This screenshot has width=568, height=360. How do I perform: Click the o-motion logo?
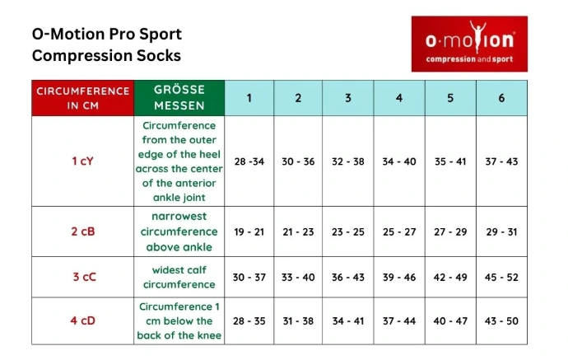tap(469, 44)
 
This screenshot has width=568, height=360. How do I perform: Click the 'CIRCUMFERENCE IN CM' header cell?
tap(83, 98)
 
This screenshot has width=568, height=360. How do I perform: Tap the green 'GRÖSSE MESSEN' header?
tap(179, 98)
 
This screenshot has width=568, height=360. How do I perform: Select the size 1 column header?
tap(249, 98)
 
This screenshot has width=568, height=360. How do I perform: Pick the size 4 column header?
tap(399, 98)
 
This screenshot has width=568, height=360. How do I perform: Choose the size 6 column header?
tap(501, 98)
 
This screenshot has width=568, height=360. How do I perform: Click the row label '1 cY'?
tap(83, 161)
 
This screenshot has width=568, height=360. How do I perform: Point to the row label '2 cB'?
tap(83, 231)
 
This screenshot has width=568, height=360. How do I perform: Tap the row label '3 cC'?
tap(85, 277)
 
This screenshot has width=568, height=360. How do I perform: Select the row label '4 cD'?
tap(83, 320)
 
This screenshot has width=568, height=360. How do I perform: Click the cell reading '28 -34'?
tap(249, 161)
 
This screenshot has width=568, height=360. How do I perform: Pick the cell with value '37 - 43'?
tap(501, 161)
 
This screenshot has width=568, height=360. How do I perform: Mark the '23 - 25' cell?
tap(348, 231)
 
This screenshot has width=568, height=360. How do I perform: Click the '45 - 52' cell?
tap(501, 278)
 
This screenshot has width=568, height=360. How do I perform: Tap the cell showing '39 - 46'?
tap(399, 278)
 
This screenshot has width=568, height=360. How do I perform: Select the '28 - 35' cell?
tap(249, 320)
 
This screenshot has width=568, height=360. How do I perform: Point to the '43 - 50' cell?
tap(501, 320)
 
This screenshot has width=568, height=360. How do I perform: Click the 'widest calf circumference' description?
tap(179, 278)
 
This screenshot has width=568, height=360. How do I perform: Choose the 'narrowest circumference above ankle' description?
tap(179, 231)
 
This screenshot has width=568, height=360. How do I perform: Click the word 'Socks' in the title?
tap(159, 55)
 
